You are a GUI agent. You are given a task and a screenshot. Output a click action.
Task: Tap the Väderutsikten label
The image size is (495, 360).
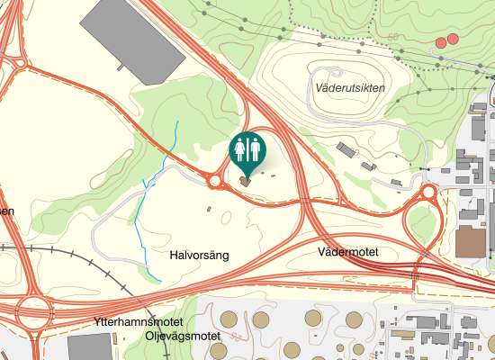click(351, 87)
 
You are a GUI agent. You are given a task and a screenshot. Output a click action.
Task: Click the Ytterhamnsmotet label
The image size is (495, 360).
click(138, 322)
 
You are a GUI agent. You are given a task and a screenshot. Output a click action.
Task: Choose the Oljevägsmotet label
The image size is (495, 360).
click(183, 337)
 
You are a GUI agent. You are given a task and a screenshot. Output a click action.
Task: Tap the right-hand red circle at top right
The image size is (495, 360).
click(453, 40)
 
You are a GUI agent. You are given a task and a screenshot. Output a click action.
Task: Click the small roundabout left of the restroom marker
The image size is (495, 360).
click(215, 181)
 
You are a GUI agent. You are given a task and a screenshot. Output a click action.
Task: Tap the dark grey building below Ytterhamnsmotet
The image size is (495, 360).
click(91, 347)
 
